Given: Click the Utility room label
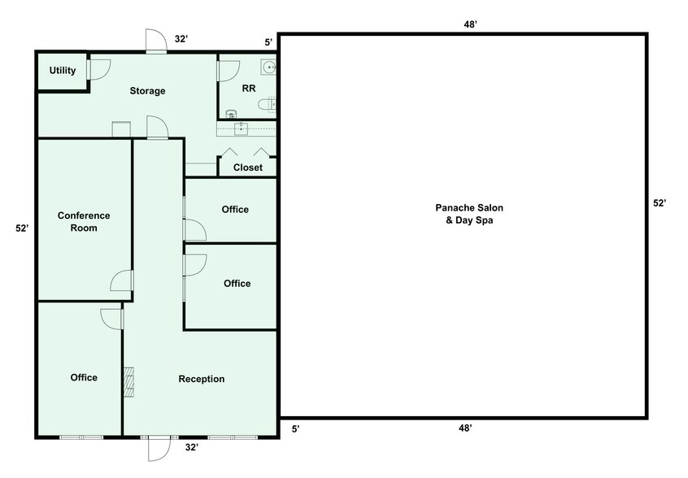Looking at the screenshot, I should (63, 71).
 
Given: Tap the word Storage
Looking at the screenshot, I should (147, 91).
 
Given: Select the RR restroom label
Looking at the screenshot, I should (249, 87).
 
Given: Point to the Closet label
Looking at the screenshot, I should (248, 168).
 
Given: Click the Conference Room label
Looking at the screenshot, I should (84, 222).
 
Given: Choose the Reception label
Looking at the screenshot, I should (202, 379).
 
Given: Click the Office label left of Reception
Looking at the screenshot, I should (84, 377).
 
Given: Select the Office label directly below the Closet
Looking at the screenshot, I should (235, 210).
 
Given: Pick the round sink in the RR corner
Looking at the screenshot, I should (268, 67).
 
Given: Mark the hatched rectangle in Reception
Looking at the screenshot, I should (128, 382).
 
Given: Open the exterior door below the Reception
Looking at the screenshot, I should (158, 448).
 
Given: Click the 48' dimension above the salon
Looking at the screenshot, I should (470, 24).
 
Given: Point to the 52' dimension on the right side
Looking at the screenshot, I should (660, 203).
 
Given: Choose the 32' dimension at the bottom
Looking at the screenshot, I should (192, 447).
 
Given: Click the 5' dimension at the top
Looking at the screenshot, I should (268, 41).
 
